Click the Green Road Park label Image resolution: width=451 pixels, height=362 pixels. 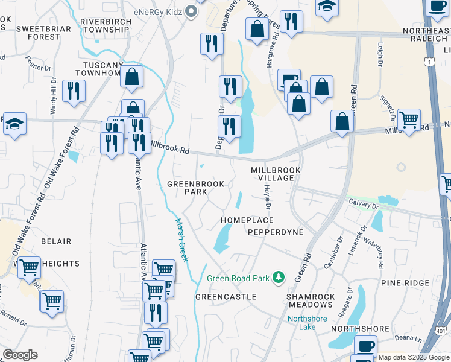coord(239,278)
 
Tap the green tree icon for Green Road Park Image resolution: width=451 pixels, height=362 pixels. coord(279,278)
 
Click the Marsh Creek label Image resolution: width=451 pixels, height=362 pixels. coord(181,240)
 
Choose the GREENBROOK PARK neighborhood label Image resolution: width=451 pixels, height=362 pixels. coord(195,188)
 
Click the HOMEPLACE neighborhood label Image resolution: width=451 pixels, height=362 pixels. coord(247,220)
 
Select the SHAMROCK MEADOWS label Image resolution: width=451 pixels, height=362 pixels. coord(311,302)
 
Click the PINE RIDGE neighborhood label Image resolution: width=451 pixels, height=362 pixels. coord(404,282)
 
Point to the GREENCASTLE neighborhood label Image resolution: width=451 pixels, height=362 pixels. coord(226,297)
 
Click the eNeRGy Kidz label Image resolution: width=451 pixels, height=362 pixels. coord(159,11)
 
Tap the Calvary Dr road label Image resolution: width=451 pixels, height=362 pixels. coord(363,206)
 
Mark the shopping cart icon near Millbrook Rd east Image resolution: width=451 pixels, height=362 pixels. coord(409,119)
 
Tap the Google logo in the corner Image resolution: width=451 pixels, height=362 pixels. coord(20,354)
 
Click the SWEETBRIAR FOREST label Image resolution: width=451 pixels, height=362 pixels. coord(39,33)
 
